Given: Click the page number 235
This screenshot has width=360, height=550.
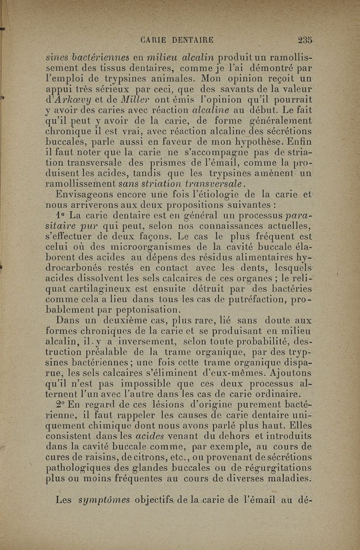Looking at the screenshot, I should (x=305, y=40).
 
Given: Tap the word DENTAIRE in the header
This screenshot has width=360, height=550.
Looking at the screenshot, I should (x=191, y=40).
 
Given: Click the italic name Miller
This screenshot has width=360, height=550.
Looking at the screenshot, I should (x=118, y=99).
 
